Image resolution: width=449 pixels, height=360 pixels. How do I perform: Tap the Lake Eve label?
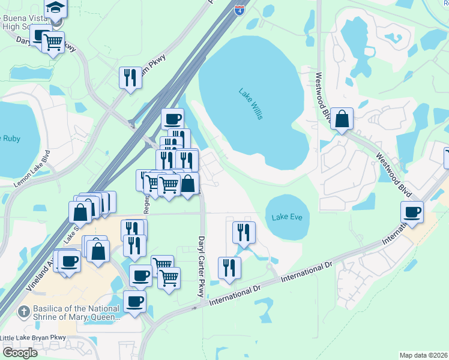click(x=286, y=217)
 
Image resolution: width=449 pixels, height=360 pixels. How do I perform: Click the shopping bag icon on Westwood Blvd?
click(x=342, y=119)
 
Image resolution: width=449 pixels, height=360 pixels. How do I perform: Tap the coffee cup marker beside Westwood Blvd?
click(x=412, y=212)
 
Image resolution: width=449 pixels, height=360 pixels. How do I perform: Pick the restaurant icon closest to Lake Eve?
click(x=244, y=232)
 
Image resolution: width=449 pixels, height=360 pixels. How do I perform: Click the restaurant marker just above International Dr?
click(x=229, y=268)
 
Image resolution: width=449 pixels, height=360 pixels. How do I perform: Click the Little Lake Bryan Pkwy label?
click(x=33, y=337)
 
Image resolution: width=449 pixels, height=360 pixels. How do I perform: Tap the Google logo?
click(x=20, y=352)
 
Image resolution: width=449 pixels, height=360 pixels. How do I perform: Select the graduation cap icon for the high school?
click(x=56, y=8)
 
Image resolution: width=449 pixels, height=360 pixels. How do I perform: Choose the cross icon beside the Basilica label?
click(x=23, y=311)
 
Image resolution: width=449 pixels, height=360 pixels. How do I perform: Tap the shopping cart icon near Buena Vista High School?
click(x=53, y=42)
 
